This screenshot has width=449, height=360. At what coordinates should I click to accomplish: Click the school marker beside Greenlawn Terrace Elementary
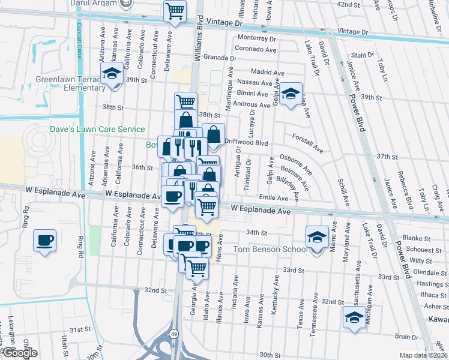click(x=112, y=74)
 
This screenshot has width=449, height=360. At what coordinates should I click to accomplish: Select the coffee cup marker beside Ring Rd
click(x=45, y=241)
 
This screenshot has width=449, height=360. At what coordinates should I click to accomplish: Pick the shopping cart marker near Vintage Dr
click(x=175, y=11)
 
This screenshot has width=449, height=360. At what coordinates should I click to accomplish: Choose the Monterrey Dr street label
click(x=256, y=38)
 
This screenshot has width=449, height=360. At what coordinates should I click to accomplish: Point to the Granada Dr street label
click(x=218, y=58)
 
